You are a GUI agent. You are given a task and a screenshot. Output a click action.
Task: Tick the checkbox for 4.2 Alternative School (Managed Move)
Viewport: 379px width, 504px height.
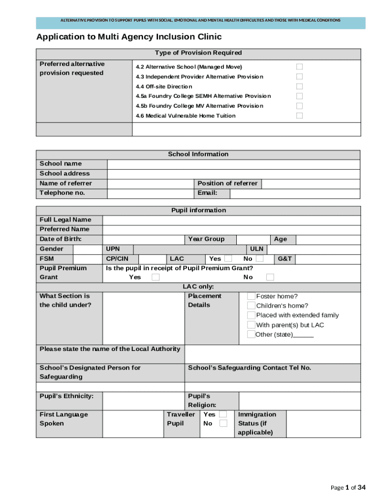click(x=299, y=67)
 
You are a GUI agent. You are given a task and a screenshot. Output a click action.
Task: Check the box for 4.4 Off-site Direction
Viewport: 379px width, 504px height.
click(x=299, y=87)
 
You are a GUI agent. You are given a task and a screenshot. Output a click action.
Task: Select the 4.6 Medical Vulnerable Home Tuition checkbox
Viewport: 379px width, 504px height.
click(x=299, y=116)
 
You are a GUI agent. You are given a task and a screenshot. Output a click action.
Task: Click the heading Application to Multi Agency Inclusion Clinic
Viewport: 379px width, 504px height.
click(x=129, y=37)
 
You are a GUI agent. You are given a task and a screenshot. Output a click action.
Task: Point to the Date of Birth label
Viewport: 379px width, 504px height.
click(x=61, y=239)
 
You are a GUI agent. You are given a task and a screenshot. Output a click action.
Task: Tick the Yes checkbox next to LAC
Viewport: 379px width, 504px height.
click(x=228, y=259)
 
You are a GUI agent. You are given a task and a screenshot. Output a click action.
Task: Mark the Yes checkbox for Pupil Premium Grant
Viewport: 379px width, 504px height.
click(x=156, y=278)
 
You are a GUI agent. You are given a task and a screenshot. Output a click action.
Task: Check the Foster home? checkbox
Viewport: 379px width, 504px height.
click(x=251, y=296)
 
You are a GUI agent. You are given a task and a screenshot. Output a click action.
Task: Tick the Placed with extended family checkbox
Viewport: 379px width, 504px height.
click(x=251, y=315)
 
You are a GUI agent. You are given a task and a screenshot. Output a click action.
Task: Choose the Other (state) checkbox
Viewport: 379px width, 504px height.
click(x=251, y=335)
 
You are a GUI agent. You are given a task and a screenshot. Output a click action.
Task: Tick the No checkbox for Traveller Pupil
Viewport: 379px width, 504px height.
click(x=223, y=423)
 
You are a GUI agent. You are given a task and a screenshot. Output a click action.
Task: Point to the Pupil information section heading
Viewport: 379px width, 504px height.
click(x=198, y=211)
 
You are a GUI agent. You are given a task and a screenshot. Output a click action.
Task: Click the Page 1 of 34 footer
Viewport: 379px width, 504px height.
click(x=348, y=488)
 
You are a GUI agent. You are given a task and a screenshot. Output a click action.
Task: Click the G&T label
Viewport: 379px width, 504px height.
click(x=284, y=259)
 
